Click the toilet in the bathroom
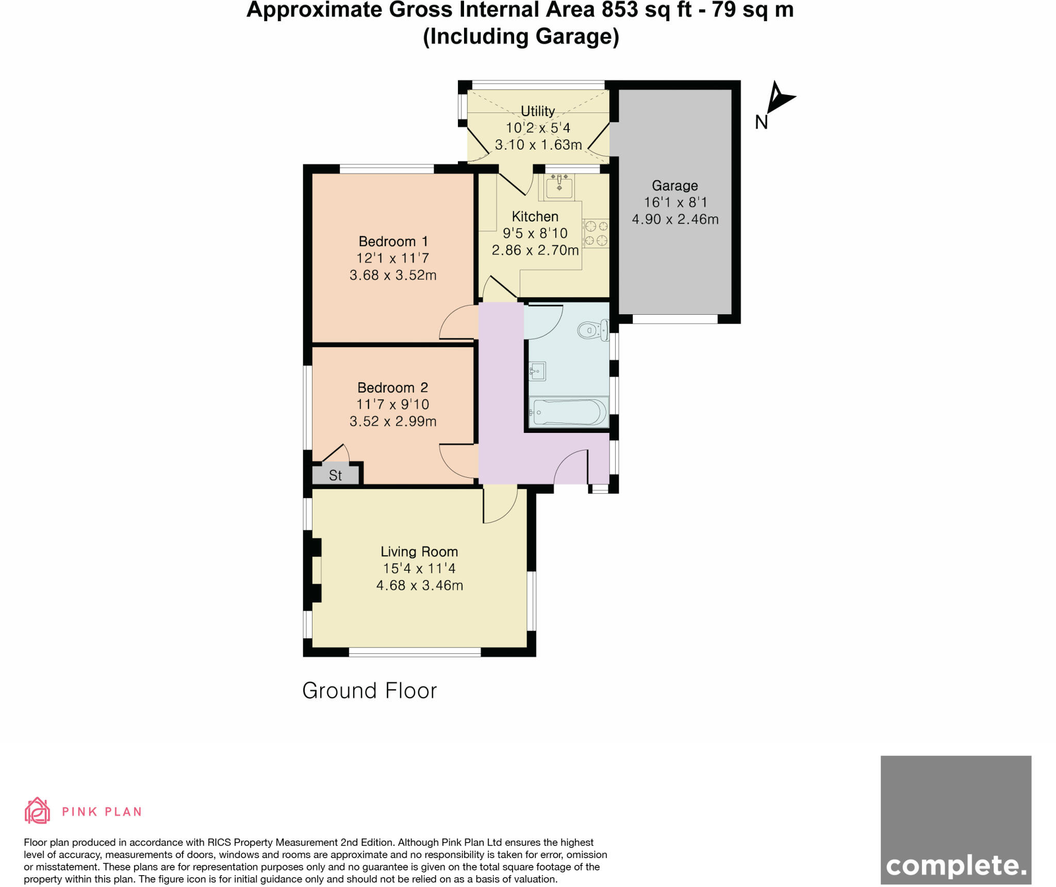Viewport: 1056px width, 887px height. [593, 330]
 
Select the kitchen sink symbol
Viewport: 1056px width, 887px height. [559, 186]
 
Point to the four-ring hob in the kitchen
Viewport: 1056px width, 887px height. [596, 233]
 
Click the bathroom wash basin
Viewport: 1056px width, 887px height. [537, 371]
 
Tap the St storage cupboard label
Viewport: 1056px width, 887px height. [335, 475]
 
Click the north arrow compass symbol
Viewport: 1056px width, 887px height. [779, 99]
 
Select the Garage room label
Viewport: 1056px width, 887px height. [674, 185]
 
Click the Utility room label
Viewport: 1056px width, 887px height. [537, 111]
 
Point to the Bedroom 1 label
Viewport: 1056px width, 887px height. [393, 241]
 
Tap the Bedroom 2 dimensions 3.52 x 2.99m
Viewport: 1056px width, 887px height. [393, 421]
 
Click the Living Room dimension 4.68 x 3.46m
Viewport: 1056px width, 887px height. [419, 585]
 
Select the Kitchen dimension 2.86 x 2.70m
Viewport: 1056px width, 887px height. [535, 250]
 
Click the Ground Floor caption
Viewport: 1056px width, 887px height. [369, 690]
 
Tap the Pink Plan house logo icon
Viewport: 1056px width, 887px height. [37, 811]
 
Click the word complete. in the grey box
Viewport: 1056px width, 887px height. [955, 865]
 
